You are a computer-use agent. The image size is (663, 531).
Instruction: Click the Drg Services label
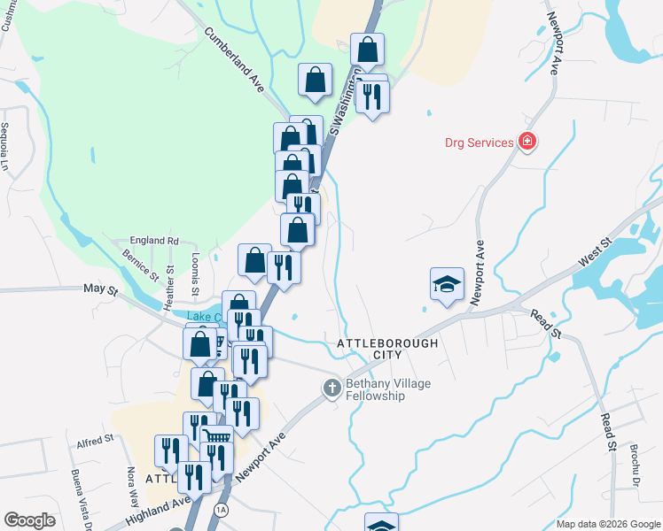[479, 142]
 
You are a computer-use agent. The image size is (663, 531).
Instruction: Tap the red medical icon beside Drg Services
[527, 142]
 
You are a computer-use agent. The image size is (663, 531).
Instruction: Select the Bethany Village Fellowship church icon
[331, 388]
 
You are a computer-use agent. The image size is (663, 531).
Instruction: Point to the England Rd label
[153, 240]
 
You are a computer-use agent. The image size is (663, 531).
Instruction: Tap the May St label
[100, 289]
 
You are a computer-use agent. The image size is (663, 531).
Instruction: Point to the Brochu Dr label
[636, 466]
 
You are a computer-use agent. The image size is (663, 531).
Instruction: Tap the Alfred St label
[95, 438]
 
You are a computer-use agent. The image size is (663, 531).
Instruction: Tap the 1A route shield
[219, 511]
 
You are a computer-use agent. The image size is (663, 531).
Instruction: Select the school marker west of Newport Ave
[447, 283]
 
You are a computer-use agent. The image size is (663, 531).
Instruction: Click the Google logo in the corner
[29, 520]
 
